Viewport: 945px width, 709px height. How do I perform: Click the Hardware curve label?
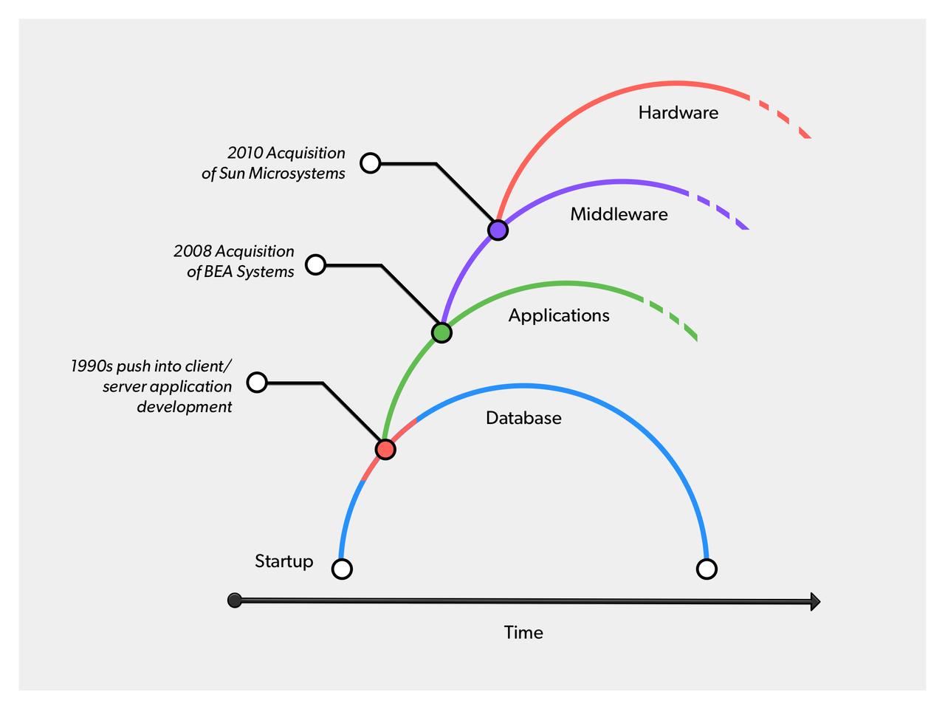(678, 112)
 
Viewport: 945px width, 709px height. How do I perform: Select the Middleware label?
(619, 214)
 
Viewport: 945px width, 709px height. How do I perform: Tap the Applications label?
(559, 315)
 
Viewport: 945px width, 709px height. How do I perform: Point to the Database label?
(523, 418)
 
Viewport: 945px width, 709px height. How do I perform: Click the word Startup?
(283, 561)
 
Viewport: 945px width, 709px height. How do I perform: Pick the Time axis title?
(523, 632)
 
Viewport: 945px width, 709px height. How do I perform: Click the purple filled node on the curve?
(498, 230)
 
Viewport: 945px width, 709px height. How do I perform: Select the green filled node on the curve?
(441, 332)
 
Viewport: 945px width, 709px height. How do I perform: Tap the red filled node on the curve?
(385, 449)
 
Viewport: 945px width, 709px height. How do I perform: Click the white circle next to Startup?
(342, 569)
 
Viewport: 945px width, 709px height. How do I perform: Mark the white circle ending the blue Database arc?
(707, 569)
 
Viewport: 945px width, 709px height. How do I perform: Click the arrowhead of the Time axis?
(814, 602)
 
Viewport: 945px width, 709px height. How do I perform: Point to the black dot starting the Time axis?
(235, 600)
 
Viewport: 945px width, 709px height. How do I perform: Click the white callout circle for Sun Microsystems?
(370, 162)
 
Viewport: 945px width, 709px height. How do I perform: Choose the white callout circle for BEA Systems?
(315, 264)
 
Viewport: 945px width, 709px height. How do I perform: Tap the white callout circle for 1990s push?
(256, 382)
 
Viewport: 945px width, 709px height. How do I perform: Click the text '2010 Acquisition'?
(286, 153)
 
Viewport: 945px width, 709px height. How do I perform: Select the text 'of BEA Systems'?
(240, 272)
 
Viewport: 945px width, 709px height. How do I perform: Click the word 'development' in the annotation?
(184, 407)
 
